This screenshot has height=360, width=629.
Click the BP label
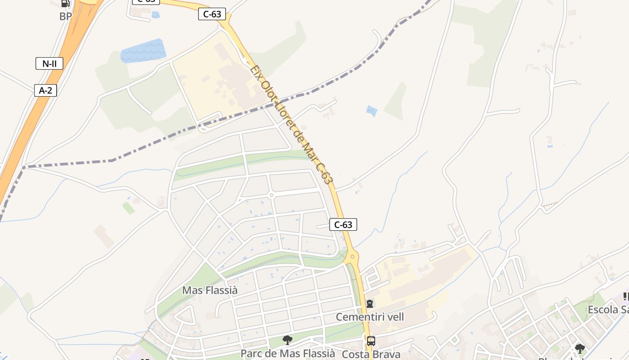66,17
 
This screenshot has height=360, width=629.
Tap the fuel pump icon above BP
66,4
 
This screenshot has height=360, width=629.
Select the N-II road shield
49,63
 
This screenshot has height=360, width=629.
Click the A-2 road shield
45,90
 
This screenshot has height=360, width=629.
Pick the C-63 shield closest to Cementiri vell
343,225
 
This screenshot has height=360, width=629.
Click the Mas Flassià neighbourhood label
210,290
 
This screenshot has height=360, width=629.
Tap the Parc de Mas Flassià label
288,353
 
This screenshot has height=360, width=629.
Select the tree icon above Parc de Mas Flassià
288,340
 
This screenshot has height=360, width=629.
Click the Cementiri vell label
370,317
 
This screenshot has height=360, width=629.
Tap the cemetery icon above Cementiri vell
369,304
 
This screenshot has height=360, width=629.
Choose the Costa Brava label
371,354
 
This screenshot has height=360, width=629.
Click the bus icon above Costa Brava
371,341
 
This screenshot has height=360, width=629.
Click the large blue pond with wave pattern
142,50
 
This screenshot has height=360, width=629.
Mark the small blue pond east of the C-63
372,111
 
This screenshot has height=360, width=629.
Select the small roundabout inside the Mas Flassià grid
271,195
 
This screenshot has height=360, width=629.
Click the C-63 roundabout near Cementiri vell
352,258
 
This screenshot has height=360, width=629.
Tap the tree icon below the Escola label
580,348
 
